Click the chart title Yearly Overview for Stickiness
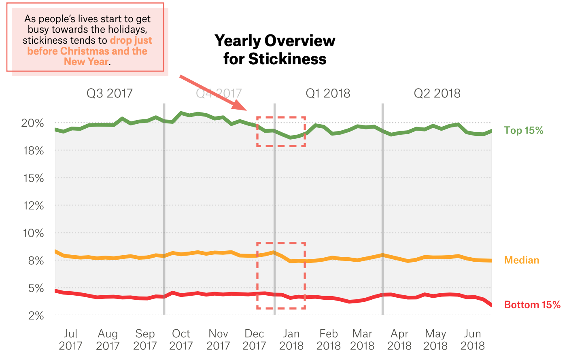[x=275, y=50]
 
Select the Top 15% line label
[x=523, y=130]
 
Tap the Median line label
[x=521, y=260]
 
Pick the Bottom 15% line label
[x=532, y=305]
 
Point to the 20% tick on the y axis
[x=32, y=123]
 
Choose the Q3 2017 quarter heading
[x=109, y=93]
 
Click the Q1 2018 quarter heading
[x=328, y=93]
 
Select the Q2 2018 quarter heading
[x=437, y=93]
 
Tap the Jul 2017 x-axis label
[x=70, y=340]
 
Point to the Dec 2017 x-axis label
[x=254, y=340]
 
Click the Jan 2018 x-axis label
[x=291, y=340]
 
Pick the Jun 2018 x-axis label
[x=472, y=340]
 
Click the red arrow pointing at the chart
[x=212, y=93]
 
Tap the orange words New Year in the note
[x=86, y=62]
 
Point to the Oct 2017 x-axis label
[x=181, y=340]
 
